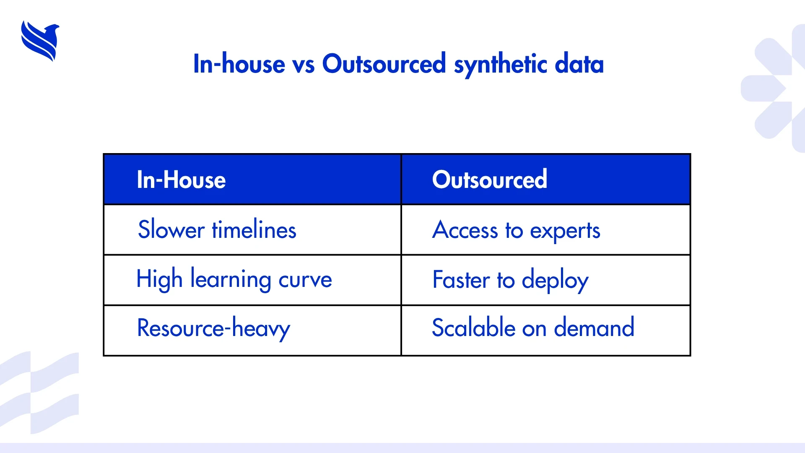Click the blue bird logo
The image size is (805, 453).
[40, 41]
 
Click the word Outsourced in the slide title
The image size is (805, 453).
[384, 64]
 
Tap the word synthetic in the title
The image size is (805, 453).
[501, 65]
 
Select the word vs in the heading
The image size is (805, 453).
[304, 66]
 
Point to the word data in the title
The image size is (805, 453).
[579, 64]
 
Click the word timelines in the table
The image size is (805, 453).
[254, 229]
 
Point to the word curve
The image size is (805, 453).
[305, 280]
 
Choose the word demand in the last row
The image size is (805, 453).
[594, 327]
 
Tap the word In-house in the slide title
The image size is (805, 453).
[239, 64]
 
